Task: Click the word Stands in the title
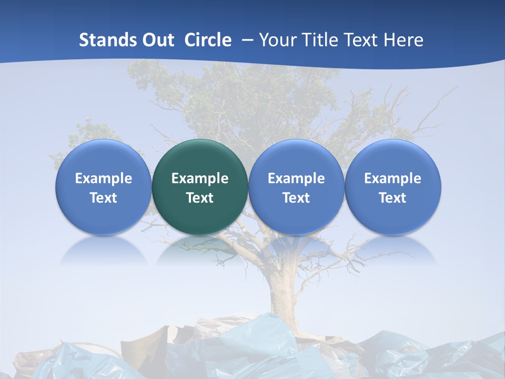[x=105, y=40]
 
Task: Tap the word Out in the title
[x=156, y=40]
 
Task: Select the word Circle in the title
[x=208, y=40]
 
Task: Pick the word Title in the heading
[x=321, y=40]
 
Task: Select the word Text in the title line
[x=363, y=40]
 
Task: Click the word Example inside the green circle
[x=200, y=178]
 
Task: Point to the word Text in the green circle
[x=200, y=198]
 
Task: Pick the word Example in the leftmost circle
[x=103, y=178]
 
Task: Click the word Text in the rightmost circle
[x=392, y=198]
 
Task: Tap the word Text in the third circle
[x=296, y=198]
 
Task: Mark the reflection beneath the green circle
[x=200, y=250]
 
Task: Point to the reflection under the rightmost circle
[x=392, y=250]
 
